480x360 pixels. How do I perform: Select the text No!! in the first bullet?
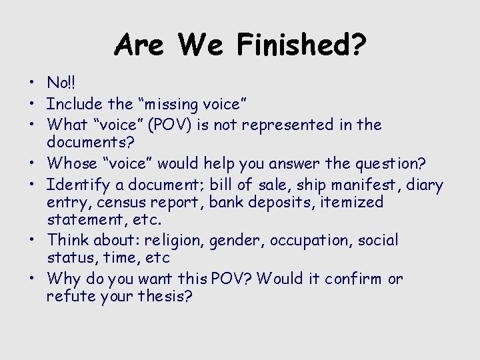click(61, 83)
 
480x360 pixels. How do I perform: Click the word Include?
click(75, 104)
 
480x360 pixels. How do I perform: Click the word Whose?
click(73, 163)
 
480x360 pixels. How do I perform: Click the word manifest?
click(370, 185)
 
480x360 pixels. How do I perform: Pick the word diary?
click(423, 185)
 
